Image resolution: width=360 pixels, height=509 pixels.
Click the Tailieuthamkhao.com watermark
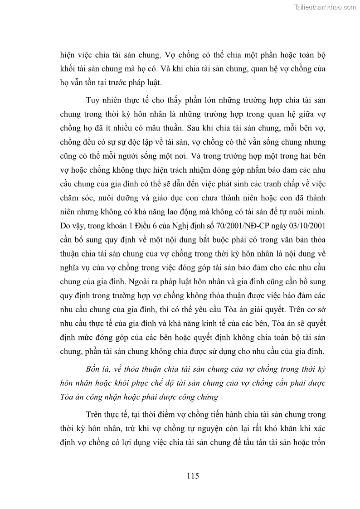[326, 7]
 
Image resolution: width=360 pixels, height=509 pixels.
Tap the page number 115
[193, 476]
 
